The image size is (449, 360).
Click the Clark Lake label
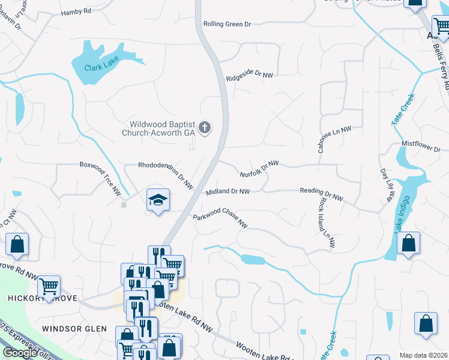point(101,61)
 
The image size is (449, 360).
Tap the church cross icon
point(205,127)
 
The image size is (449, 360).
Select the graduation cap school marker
point(158,200)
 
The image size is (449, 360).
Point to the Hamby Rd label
point(76,11)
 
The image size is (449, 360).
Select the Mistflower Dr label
point(421,145)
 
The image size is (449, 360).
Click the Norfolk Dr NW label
point(259,169)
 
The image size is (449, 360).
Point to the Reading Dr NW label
point(321,194)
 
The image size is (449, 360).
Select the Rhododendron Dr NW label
point(165,175)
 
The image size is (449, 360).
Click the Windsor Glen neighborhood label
point(74,329)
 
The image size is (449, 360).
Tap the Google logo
point(20,353)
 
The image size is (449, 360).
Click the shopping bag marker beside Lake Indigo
point(408,244)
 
